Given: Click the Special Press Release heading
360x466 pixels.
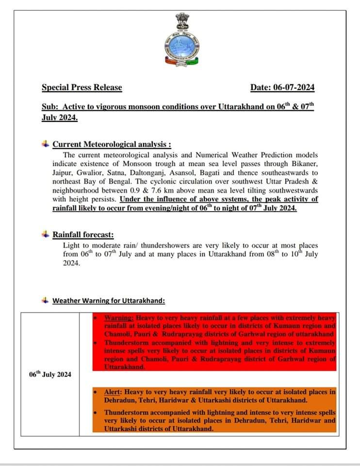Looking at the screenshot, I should [x=82, y=88].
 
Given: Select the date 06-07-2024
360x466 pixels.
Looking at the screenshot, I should [x=294, y=88].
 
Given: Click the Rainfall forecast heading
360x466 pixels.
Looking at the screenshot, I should [x=83, y=235].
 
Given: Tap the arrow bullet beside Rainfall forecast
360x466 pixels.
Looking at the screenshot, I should [x=46, y=234].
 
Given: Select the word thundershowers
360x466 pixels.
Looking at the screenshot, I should [x=160, y=245].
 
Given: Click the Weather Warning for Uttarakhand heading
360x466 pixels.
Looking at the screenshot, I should [x=108, y=300].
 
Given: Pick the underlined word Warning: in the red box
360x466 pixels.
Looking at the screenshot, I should [x=119, y=317].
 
